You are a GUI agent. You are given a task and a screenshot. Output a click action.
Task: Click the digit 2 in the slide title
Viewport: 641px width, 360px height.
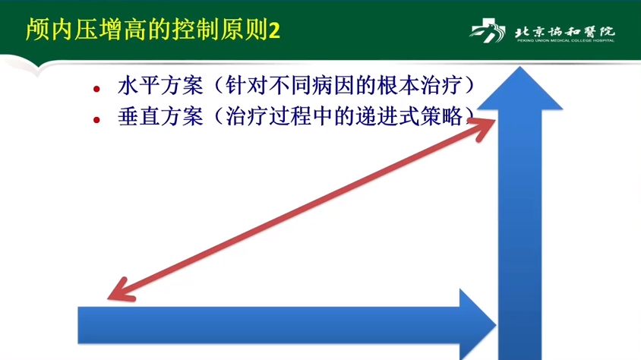(x=274, y=30)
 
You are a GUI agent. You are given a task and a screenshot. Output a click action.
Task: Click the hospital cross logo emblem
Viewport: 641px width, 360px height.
(x=488, y=30)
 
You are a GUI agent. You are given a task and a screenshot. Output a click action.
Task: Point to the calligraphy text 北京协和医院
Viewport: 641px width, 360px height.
(x=565, y=31)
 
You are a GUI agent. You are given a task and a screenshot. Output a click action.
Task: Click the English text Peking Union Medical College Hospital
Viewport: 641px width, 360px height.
(x=565, y=40)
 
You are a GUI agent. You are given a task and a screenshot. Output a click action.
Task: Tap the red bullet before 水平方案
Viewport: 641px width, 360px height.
(x=96, y=89)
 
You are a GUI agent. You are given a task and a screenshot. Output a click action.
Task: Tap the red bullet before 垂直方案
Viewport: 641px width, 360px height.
(x=96, y=120)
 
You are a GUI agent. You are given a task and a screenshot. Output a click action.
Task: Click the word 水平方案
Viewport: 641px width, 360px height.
(x=160, y=86)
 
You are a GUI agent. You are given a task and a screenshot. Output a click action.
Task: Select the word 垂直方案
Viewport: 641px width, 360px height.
(x=160, y=116)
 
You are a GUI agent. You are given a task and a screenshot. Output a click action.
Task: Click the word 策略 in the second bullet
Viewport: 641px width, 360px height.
(x=440, y=116)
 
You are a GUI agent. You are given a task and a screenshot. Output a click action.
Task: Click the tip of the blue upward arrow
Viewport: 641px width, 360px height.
(x=519, y=67)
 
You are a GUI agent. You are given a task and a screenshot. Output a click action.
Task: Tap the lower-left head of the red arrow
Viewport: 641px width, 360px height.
(x=118, y=291)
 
